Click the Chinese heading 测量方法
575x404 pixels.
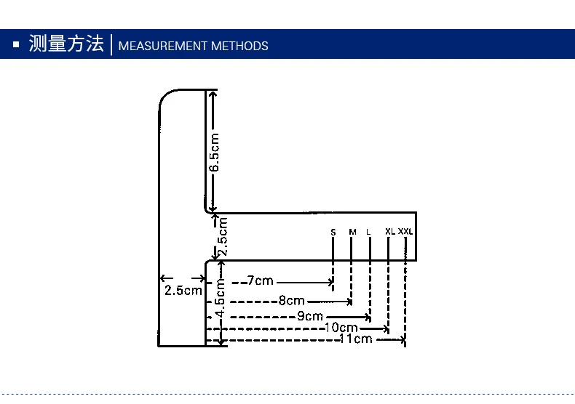pos(66,44)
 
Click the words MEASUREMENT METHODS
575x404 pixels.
pos(193,47)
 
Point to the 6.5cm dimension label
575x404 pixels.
pos(215,152)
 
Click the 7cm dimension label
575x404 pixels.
pos(260,281)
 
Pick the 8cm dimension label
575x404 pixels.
pos(291,301)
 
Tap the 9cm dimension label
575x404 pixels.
pos(309,317)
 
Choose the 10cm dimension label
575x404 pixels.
pos(341,328)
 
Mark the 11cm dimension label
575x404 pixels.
pos(356,339)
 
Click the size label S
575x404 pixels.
pos(333,233)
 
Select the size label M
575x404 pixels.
pos(352,233)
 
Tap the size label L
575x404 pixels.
pos(369,233)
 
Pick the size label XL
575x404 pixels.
pos(390,232)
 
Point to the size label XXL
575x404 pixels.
pos(405,232)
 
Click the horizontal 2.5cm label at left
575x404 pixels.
pos(183,291)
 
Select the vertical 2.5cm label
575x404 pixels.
pos(223,237)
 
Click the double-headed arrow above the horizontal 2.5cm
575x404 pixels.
pos(182,278)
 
